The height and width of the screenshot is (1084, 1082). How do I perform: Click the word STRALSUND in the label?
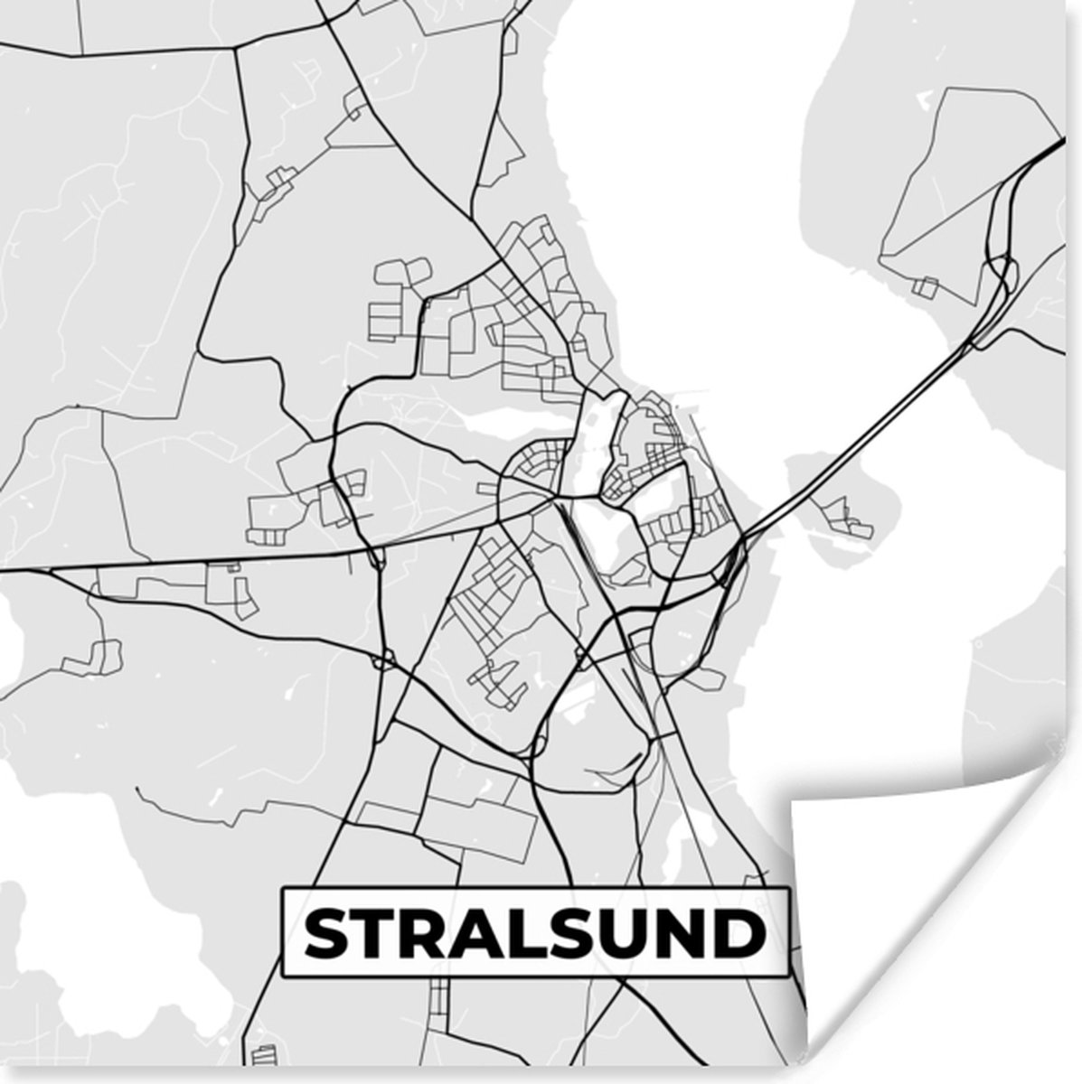(x=534, y=934)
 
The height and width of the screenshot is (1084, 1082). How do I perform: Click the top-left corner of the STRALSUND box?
(x=284, y=891)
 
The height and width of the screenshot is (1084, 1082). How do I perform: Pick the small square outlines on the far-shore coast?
(x=924, y=286)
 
